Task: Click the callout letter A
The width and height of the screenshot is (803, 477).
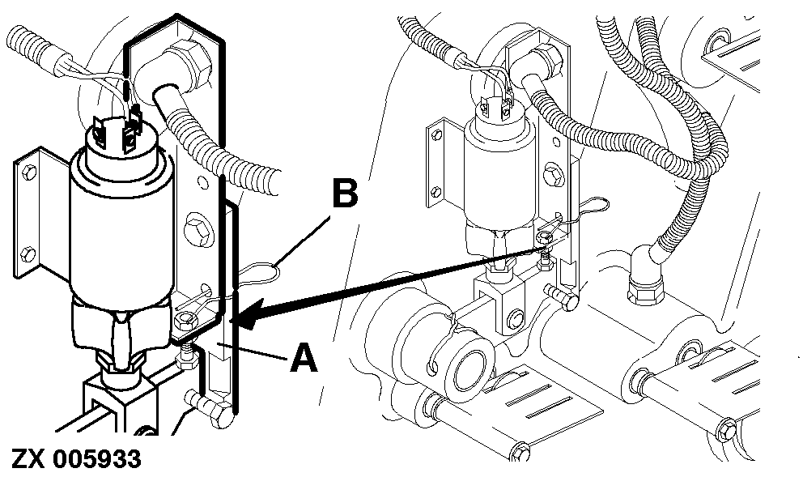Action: coord(304,358)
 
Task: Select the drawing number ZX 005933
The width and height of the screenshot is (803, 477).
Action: coord(75,459)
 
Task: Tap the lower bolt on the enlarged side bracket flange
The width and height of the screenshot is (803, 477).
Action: coord(28,253)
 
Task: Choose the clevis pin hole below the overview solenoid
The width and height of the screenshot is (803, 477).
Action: coord(512,322)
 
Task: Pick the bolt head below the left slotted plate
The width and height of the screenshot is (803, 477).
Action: coord(520,451)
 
